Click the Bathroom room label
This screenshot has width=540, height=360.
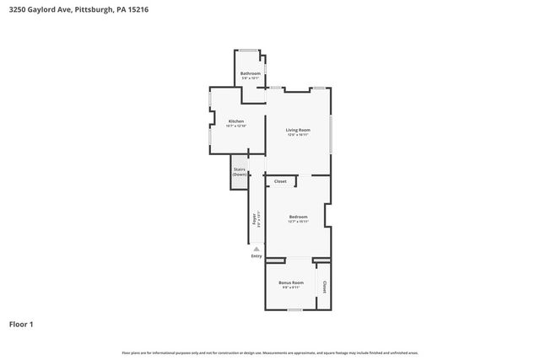point(251,73)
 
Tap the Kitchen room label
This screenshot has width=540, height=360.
point(236,121)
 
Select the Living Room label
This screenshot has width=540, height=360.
point(299,130)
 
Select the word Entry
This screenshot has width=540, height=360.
point(256,256)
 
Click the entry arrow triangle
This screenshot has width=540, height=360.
point(256,249)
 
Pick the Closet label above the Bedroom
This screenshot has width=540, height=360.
point(280,181)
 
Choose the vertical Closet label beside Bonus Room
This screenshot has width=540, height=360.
point(324,287)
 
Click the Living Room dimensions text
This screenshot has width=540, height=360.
point(299,135)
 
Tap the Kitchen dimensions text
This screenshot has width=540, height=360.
point(236,126)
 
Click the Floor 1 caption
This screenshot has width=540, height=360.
point(21,324)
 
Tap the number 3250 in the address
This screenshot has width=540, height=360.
point(14,8)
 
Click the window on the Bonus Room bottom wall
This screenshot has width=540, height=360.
point(294,310)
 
